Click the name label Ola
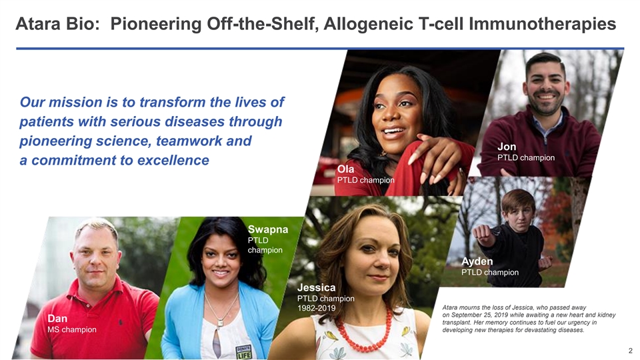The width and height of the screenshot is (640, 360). point(345,169)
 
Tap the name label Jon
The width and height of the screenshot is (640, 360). point(507,147)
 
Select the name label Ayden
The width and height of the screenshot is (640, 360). point(477,261)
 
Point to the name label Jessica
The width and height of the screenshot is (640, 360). point(316,287)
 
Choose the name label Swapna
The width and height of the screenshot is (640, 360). point(268,229)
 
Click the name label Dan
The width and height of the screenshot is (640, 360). point(57,319)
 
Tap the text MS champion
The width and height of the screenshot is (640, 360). point(72,329)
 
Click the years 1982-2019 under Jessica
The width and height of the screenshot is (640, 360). point(316,308)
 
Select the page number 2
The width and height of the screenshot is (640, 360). point(630,351)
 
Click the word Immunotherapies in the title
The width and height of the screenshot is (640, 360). point(542,24)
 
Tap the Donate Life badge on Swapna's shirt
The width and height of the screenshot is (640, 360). point(244,351)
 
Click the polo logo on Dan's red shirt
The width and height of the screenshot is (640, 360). point(121,322)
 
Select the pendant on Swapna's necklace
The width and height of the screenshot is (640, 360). point(221,323)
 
